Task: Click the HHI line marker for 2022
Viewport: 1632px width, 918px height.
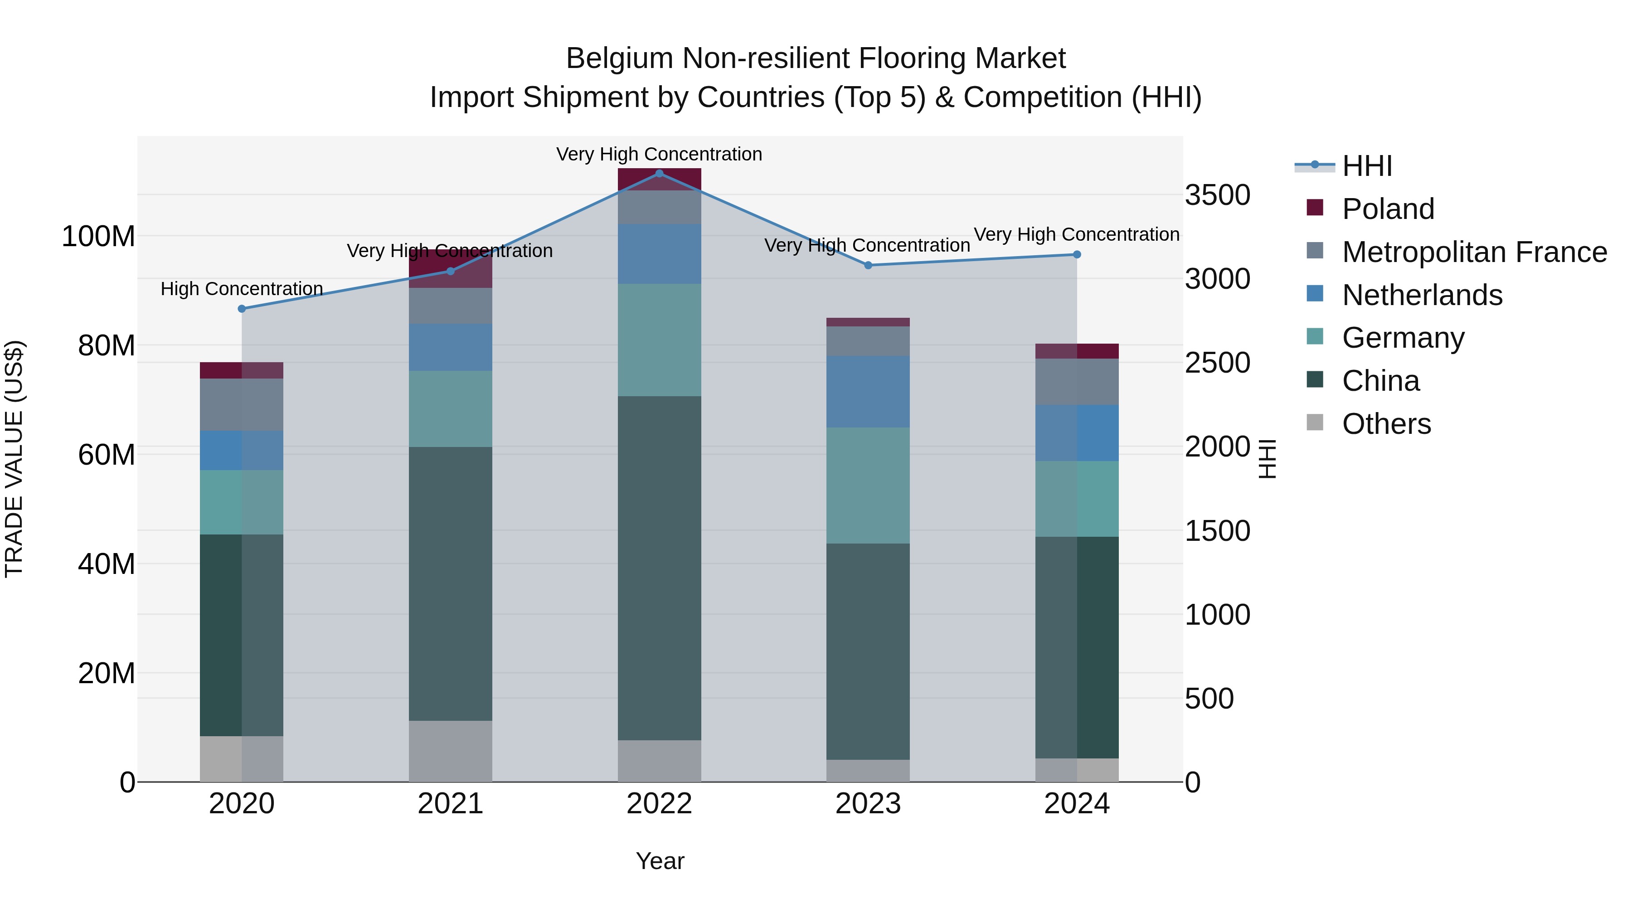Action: point(659,173)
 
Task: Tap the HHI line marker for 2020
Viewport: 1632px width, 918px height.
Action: point(241,309)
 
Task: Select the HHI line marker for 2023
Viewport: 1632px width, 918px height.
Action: point(868,265)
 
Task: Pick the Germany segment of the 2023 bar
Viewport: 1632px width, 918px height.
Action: point(868,485)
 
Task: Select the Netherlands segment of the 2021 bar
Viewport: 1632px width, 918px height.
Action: point(451,347)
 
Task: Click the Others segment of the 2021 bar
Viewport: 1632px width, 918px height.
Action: point(451,751)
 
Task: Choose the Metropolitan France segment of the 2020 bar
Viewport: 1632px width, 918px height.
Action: point(241,404)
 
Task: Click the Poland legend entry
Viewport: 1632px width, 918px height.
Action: point(1388,209)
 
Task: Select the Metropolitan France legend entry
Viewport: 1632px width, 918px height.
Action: point(1474,252)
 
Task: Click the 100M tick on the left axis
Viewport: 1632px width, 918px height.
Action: point(98,236)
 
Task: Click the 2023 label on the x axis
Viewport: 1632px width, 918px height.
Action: point(868,804)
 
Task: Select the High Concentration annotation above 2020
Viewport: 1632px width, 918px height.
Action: point(241,289)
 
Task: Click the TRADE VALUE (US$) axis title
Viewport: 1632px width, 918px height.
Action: point(14,459)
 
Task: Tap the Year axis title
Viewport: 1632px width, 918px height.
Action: point(660,861)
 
